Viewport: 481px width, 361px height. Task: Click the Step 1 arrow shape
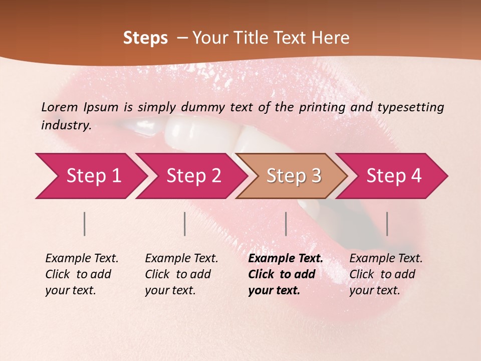[90, 176]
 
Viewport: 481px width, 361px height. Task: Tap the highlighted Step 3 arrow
[292, 176]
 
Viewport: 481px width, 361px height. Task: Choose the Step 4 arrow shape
[393, 176]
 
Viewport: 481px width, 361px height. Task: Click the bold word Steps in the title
[145, 38]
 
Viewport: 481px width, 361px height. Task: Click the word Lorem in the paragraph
[60, 107]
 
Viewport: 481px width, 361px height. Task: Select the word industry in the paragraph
[66, 125]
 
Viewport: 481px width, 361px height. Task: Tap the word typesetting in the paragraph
[410, 107]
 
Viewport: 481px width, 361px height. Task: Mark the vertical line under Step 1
[85, 224]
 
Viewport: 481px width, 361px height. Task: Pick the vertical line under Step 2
[185, 224]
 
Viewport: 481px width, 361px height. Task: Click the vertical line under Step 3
[286, 224]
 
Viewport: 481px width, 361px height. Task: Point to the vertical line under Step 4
[387, 224]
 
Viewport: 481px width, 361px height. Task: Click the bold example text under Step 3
[285, 274]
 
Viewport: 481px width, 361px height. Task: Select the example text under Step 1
[82, 274]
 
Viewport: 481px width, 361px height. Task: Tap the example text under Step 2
[181, 274]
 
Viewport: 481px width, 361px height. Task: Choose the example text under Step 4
[386, 274]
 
